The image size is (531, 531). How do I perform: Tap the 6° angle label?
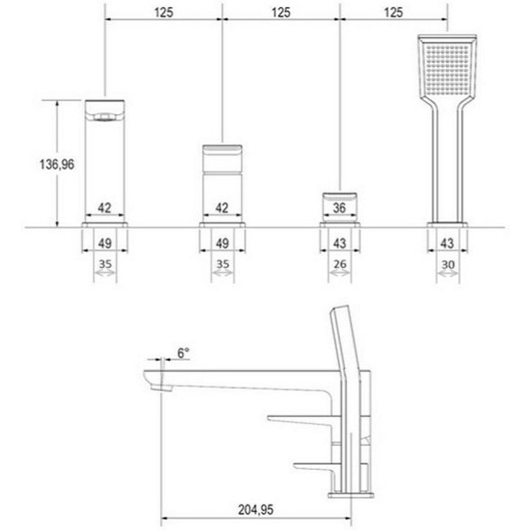tap(183, 354)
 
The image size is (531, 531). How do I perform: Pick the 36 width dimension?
tap(340, 208)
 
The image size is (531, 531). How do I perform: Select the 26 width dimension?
tap(340, 264)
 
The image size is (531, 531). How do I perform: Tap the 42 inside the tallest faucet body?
tap(105, 208)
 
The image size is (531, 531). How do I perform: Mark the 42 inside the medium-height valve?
tap(222, 208)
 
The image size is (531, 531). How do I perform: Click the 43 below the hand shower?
tap(447, 244)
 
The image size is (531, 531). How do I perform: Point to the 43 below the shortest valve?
tap(340, 244)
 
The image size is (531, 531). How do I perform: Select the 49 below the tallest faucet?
tap(105, 244)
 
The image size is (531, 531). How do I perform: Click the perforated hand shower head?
tap(447, 66)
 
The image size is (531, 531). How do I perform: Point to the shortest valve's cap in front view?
tap(340, 196)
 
